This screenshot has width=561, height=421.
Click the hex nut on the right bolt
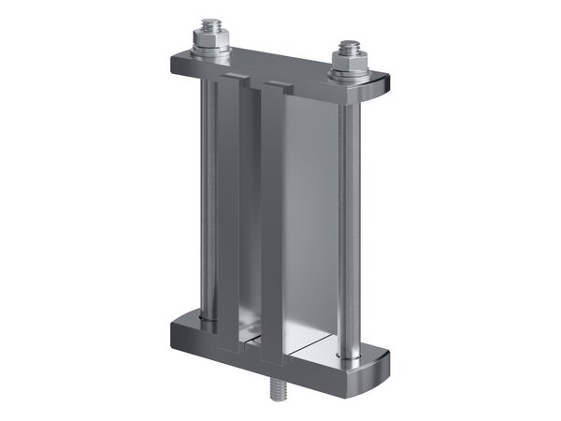coord(348,65)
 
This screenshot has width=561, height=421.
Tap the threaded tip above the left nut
coord(205,25)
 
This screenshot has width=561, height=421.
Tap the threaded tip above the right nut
coord(349,47)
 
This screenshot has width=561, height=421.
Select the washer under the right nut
coord(348,76)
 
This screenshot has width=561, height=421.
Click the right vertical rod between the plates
coord(348,225)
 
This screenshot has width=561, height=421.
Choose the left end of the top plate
coord(178,64)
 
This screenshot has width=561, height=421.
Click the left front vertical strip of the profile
coord(228,215)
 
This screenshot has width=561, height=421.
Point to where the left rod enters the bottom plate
coord(208,324)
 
